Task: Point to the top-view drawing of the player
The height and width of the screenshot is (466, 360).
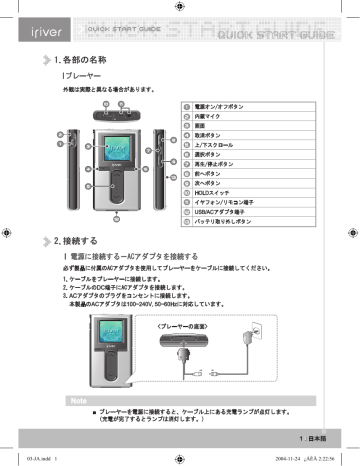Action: pyautogui.click(x=116, y=115)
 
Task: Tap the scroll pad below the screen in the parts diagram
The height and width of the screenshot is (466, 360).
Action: pyautogui.click(x=117, y=183)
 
